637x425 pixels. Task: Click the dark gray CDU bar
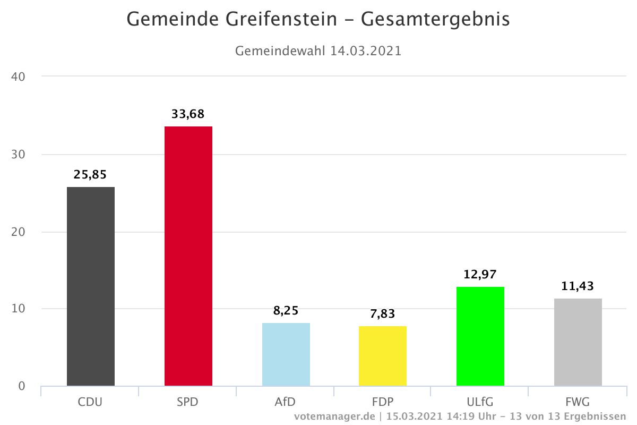click(91, 286)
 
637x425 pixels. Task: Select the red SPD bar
click(188, 256)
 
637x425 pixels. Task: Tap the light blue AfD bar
click(286, 354)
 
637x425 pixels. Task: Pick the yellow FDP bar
click(383, 356)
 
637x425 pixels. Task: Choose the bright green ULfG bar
click(480, 336)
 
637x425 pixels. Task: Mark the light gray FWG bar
click(578, 342)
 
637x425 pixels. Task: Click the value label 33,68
click(188, 114)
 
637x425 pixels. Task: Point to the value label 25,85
click(90, 175)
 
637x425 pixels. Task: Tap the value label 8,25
click(286, 311)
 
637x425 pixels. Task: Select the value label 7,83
click(383, 314)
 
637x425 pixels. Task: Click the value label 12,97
click(480, 275)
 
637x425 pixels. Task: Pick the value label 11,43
click(578, 286)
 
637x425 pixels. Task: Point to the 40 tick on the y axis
click(18, 76)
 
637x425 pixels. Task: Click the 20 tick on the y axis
click(18, 232)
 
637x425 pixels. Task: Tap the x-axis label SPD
click(187, 402)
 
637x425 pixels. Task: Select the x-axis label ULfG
click(479, 402)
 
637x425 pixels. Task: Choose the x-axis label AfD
click(285, 402)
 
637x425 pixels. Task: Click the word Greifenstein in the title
click(282, 20)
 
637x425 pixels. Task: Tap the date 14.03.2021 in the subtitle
click(366, 52)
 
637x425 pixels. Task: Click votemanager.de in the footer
click(335, 416)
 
